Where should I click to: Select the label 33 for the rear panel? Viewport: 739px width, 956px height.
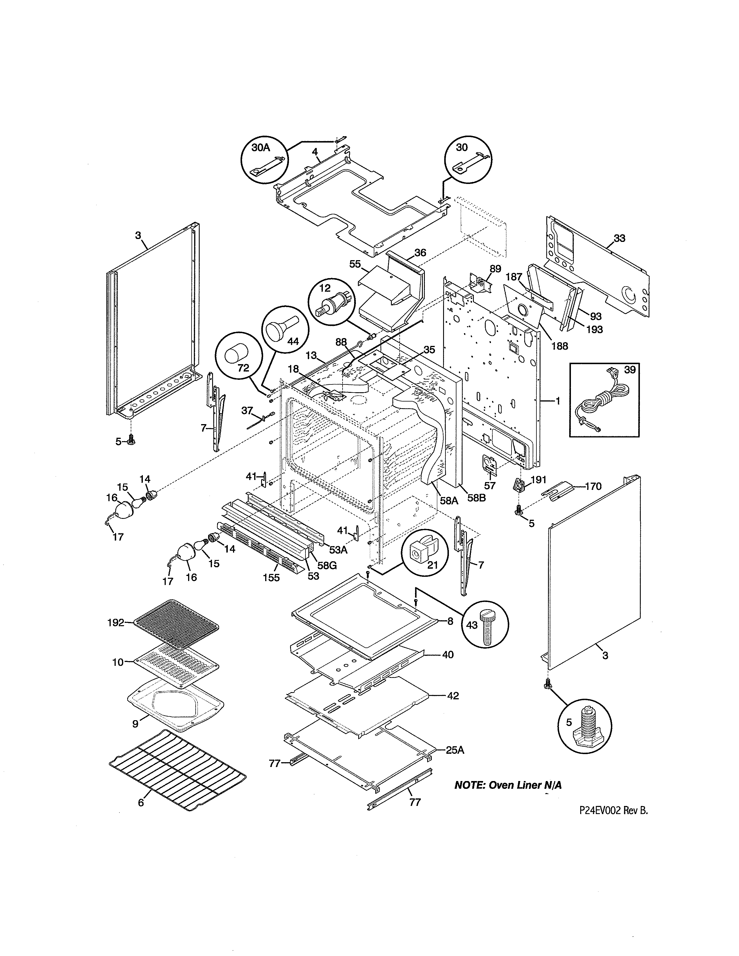click(x=619, y=238)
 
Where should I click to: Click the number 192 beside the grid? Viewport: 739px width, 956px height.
click(x=116, y=623)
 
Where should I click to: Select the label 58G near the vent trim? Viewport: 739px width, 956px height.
click(x=327, y=565)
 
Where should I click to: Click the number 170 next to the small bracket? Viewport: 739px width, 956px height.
click(x=593, y=486)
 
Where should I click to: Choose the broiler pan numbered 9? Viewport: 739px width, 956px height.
click(x=175, y=701)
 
